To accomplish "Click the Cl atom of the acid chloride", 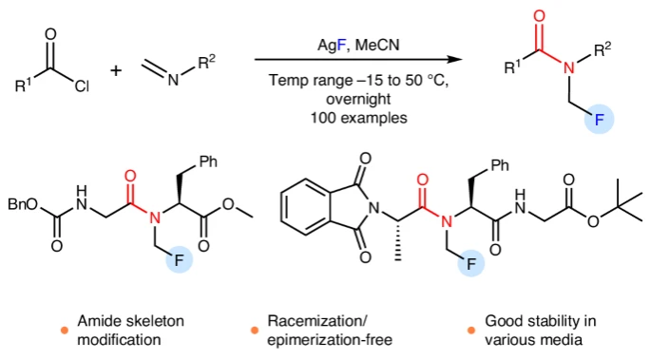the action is [x=82, y=85].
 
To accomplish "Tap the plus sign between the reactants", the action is [x=116, y=70].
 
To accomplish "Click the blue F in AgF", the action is [x=341, y=45].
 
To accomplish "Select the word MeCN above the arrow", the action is [x=377, y=45].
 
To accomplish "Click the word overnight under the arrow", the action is [x=358, y=99].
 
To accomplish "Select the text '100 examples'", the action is [x=358, y=118].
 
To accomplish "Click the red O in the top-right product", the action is [x=539, y=16].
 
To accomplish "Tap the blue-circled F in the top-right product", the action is [x=599, y=120].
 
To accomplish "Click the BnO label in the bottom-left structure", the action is [x=23, y=204].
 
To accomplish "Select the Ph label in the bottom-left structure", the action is [x=208, y=161].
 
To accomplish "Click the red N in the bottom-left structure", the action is [x=155, y=218].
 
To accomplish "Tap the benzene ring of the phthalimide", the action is [x=306, y=207].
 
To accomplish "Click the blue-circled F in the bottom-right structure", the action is [x=471, y=263].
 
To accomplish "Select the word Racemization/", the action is [x=317, y=321].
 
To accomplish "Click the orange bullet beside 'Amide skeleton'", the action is [x=65, y=331].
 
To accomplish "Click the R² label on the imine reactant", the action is [x=207, y=62].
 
